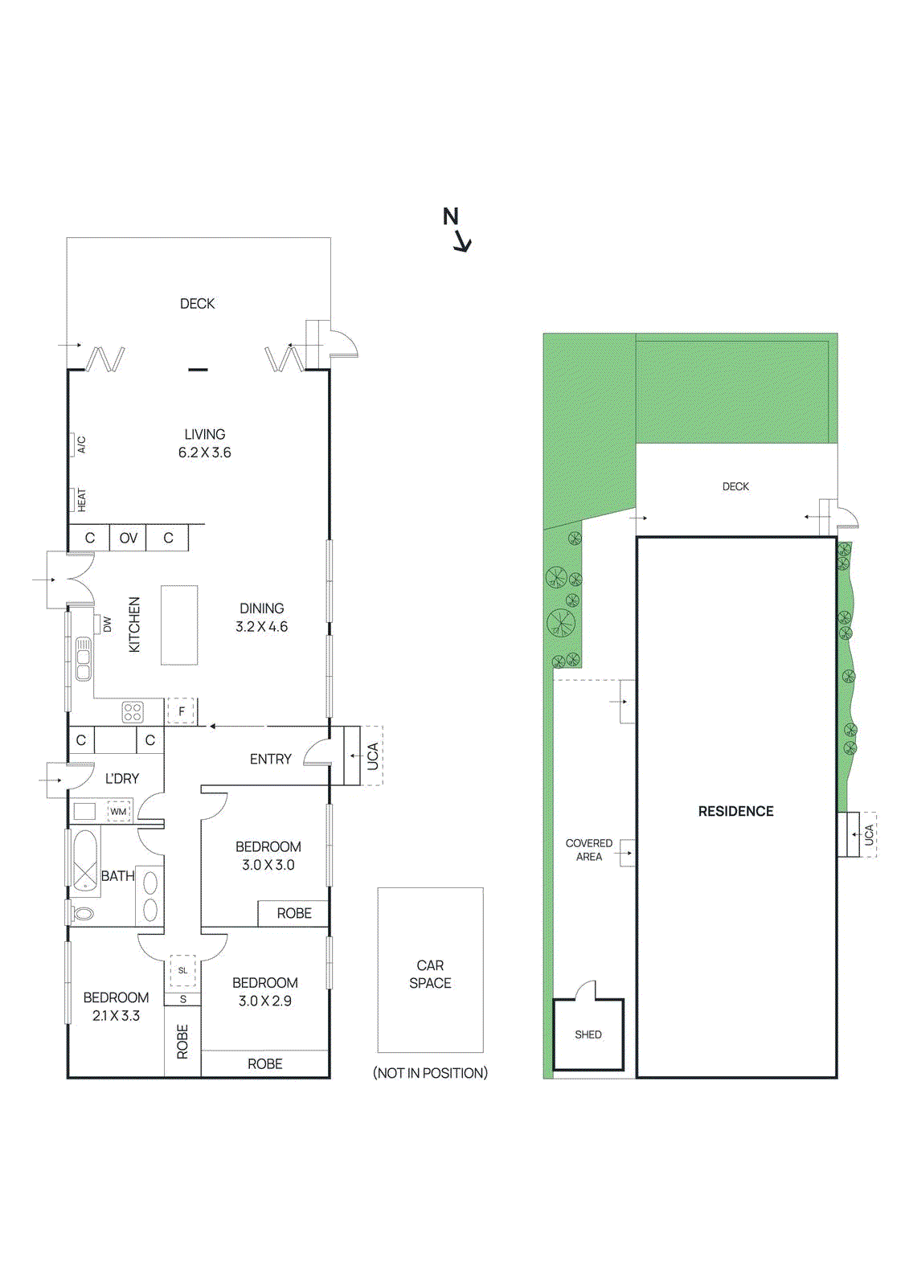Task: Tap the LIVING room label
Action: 205,434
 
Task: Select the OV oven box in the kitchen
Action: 129,538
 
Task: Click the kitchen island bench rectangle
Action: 179,625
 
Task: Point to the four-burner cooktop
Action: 133,712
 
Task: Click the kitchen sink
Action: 83,658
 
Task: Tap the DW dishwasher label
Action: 107,625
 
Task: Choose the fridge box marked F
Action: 182,711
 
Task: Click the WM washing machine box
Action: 119,812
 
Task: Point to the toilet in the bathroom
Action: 81,914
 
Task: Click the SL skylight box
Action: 183,971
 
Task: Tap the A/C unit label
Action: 81,444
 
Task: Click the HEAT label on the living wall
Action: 81,500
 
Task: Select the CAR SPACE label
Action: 430,974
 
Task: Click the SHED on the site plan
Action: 588,1034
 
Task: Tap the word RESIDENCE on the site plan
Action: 735,812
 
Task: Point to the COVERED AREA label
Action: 589,850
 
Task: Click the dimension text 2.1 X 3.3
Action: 117,1016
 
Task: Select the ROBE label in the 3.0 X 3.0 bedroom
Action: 294,913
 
